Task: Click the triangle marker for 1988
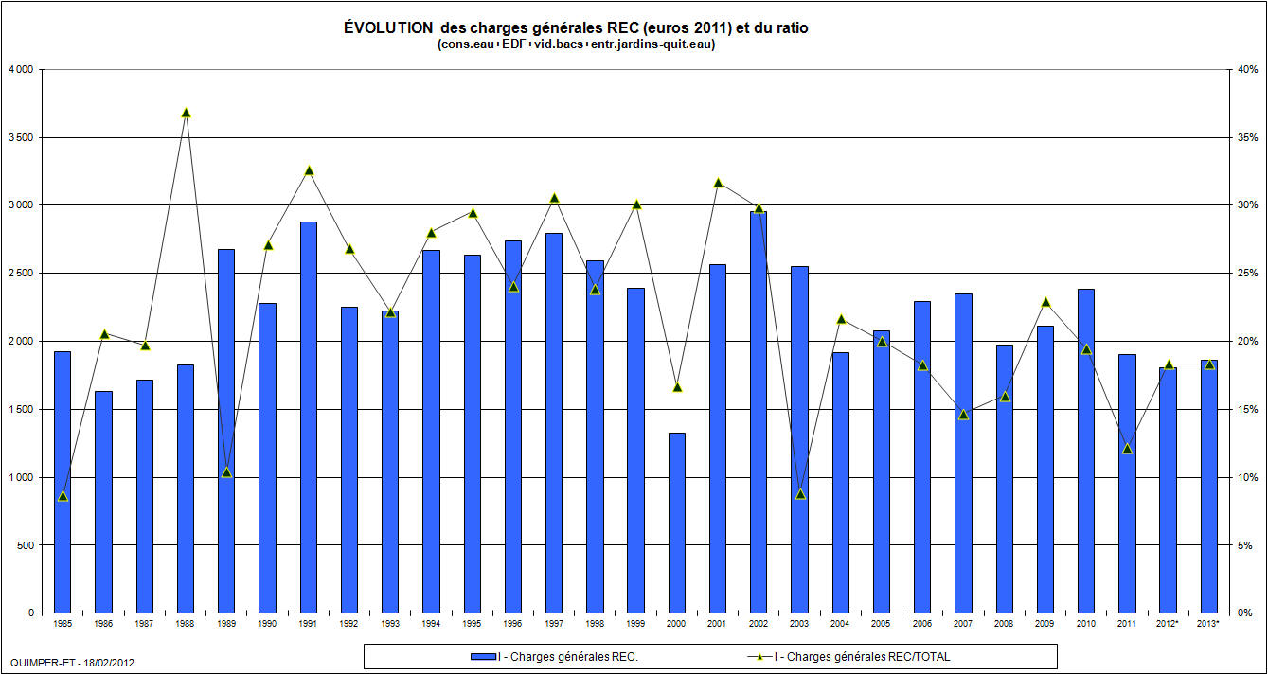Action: (x=186, y=113)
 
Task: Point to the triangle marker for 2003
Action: (x=799, y=493)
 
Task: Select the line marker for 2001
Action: (x=718, y=183)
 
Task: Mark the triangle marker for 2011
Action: (x=1127, y=448)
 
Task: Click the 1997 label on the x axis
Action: (x=553, y=624)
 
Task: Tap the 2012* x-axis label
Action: (x=1168, y=624)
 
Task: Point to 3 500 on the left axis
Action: (x=20, y=137)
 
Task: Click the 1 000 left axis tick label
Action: (x=20, y=477)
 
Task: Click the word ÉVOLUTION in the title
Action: (x=383, y=28)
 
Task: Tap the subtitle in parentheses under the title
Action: (x=576, y=44)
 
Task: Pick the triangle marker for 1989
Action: (x=226, y=472)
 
